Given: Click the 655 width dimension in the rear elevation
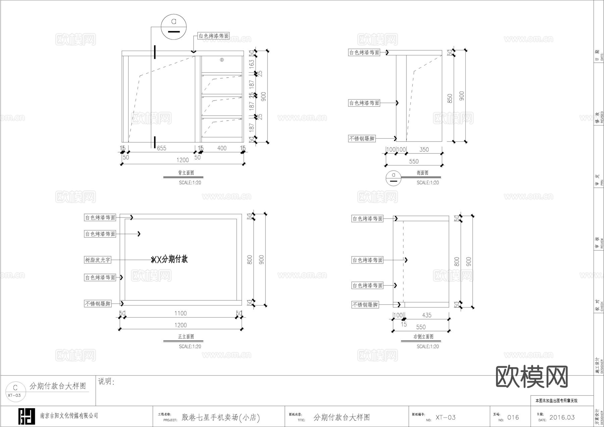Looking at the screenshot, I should point(161,148).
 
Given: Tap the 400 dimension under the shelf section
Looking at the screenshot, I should point(222,148).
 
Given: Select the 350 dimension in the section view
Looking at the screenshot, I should point(424,149).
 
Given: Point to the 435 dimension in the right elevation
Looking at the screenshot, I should point(426,315).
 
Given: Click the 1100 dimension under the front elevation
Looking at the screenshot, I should point(180,313).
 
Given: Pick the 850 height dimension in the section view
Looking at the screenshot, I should point(450,98).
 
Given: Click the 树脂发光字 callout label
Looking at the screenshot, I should point(97,260).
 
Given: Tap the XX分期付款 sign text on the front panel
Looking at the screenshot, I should point(170,259).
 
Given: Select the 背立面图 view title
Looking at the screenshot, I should point(186,173).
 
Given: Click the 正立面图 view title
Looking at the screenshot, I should point(186,337).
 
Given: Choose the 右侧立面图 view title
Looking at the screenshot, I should point(423,337).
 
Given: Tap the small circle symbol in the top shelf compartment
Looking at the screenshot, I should point(222,60).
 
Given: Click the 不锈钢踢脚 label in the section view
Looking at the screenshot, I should point(362,138).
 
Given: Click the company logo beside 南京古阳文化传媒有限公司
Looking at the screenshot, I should point(27,416).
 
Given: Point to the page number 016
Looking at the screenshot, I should point(513,418).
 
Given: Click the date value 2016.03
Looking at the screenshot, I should point(562,418).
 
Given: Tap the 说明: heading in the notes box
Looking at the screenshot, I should point(106,382).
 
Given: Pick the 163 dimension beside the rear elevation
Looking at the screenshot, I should point(252,62).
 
